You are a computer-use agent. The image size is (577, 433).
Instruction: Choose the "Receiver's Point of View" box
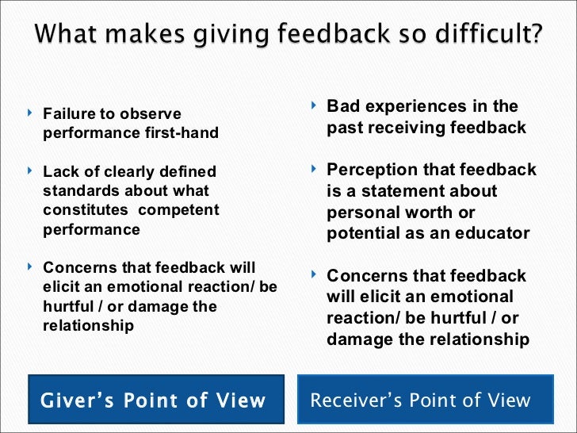(421, 400)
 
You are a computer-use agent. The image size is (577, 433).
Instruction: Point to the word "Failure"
(68, 114)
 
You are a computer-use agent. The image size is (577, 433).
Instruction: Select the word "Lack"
(59, 172)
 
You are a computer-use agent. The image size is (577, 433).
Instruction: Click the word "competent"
(179, 210)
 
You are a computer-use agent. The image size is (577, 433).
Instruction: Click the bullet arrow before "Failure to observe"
(29, 114)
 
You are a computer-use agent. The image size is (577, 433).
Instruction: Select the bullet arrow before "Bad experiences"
(313, 105)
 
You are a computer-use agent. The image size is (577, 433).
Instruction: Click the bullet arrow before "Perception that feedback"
(313, 169)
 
